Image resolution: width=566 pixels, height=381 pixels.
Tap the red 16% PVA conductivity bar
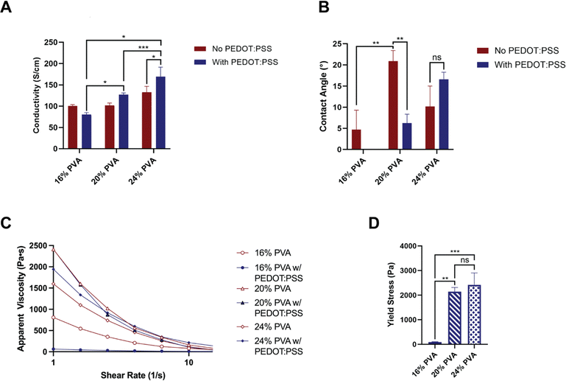(x=73, y=127)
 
